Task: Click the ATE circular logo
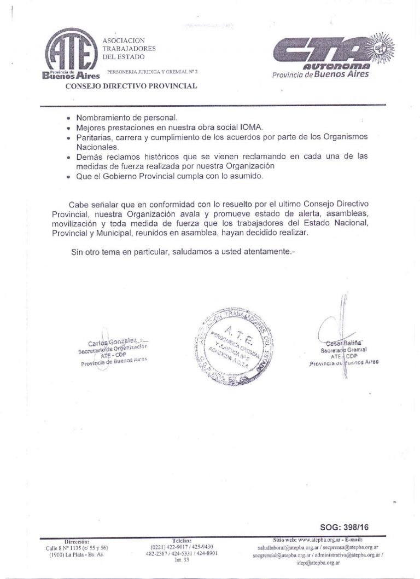68,53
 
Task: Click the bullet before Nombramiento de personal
68,118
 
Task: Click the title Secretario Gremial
343,349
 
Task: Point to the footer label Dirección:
77,541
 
